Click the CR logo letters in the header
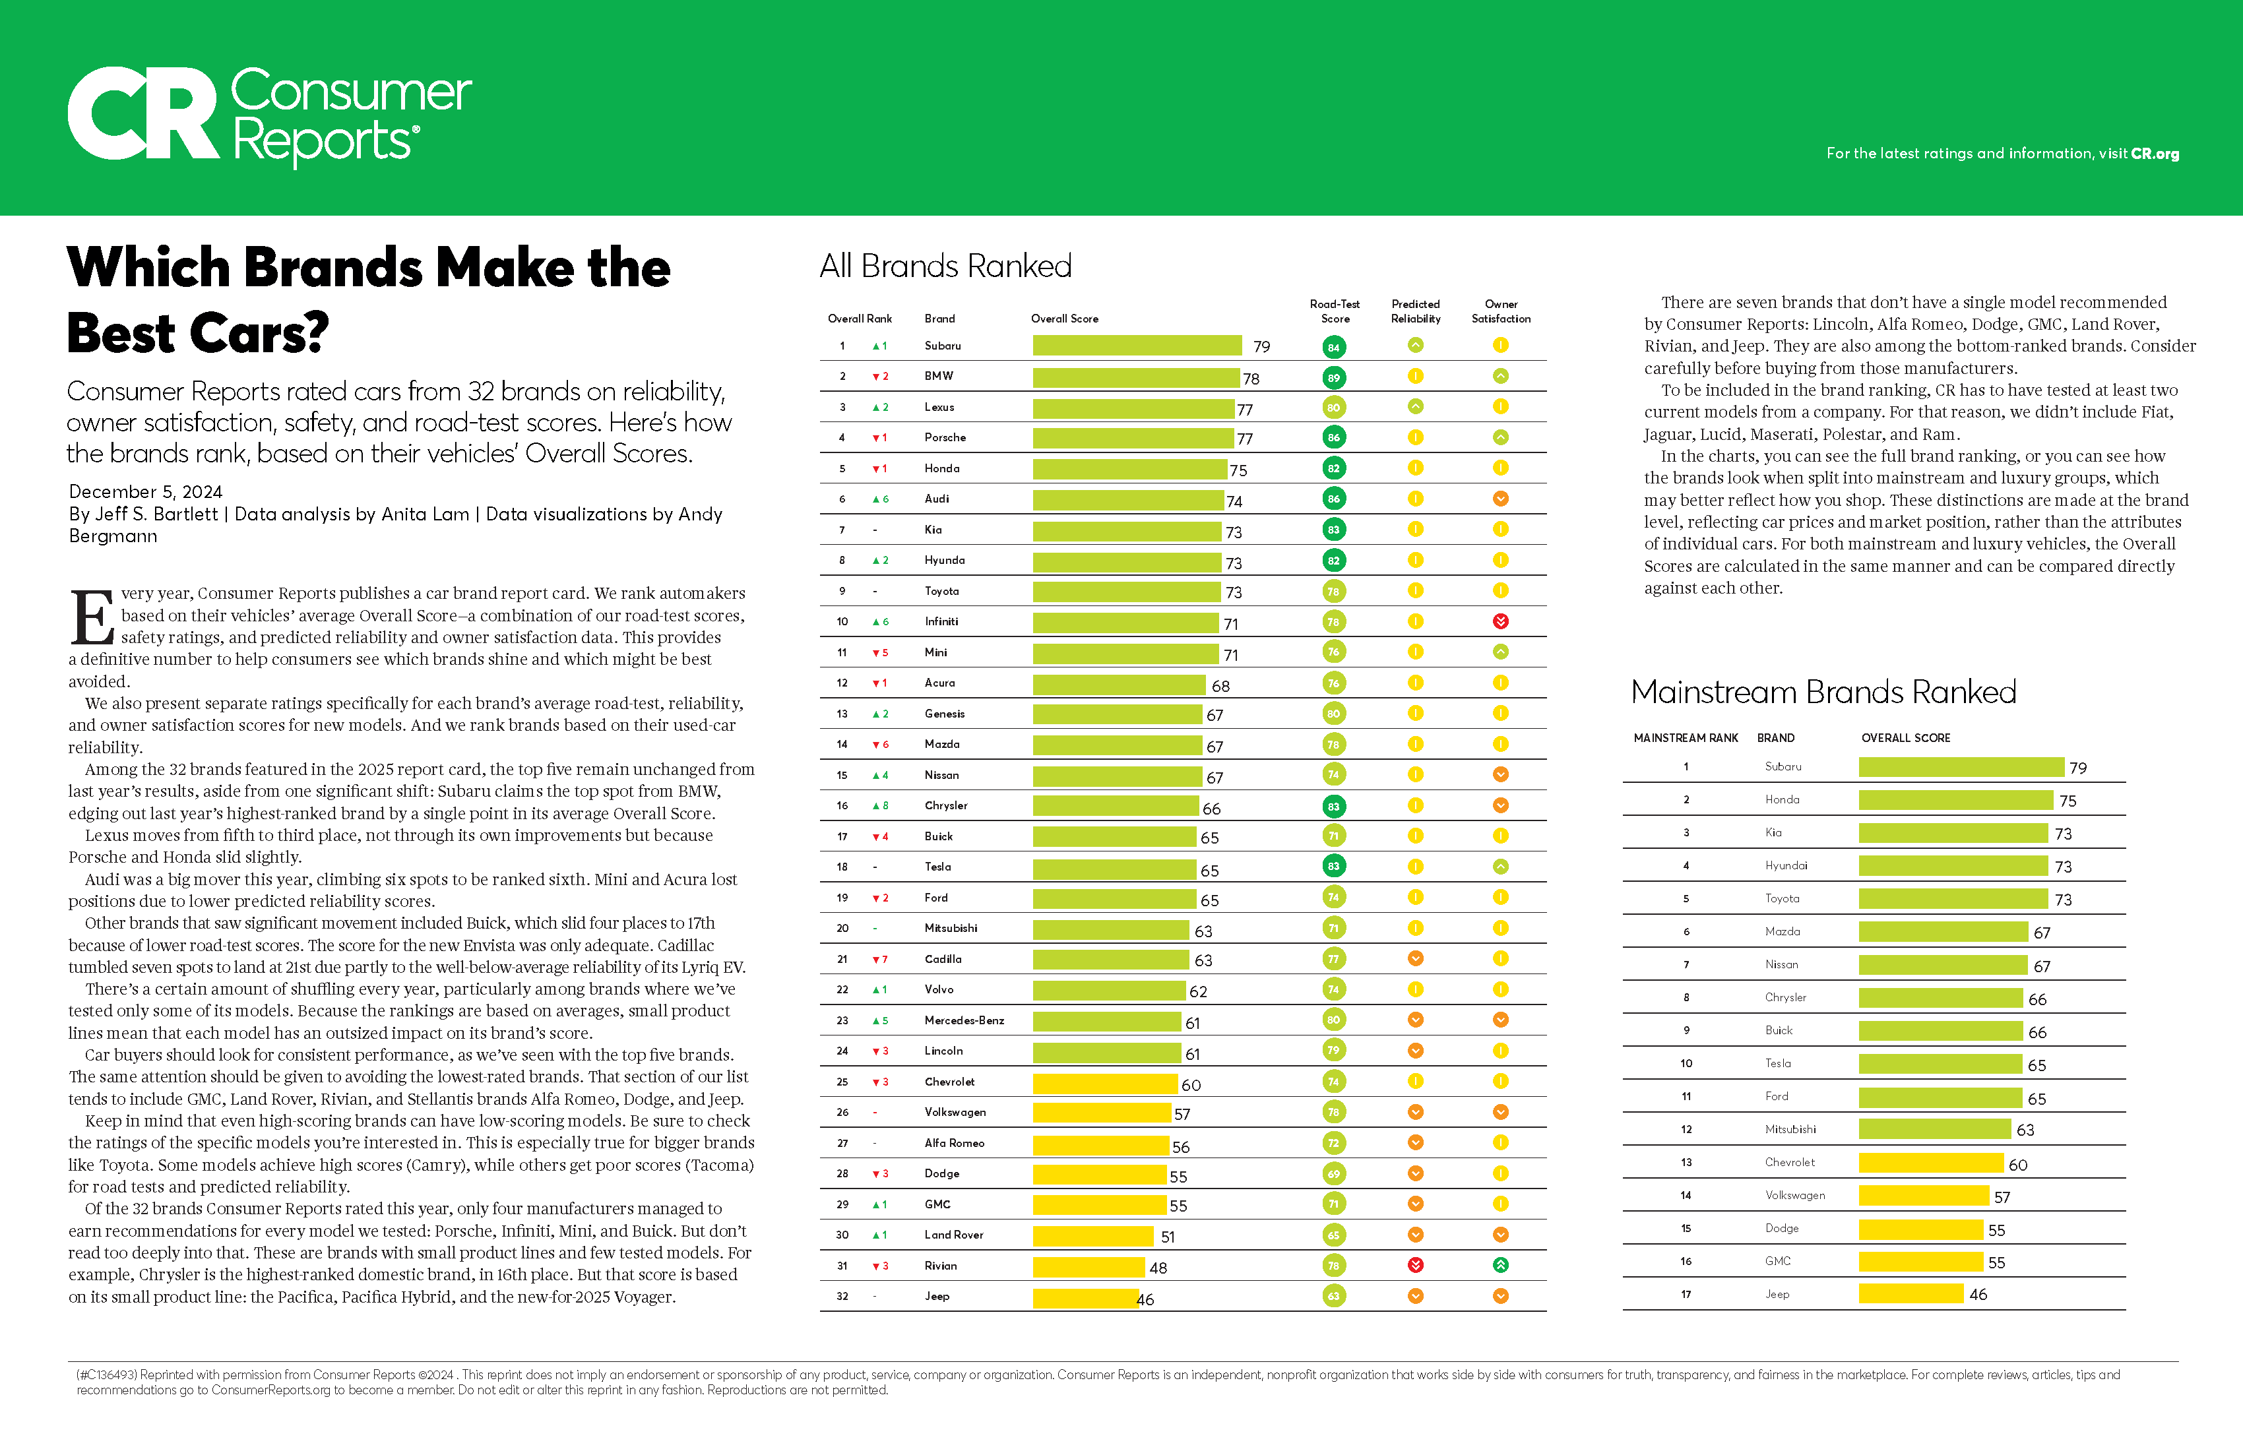(x=143, y=114)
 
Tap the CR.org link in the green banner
(x=2155, y=154)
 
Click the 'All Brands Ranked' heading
(x=945, y=266)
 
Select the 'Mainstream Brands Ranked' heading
(x=1823, y=693)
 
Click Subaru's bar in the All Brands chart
(x=1137, y=346)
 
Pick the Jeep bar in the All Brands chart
(x=1086, y=1297)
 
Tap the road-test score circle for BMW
(x=1333, y=378)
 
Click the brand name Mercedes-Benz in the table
(x=963, y=1020)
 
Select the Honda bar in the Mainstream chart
(x=1955, y=800)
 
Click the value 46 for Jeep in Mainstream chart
(x=1978, y=1295)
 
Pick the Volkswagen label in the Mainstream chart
(x=1794, y=1196)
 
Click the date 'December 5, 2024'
(x=145, y=492)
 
